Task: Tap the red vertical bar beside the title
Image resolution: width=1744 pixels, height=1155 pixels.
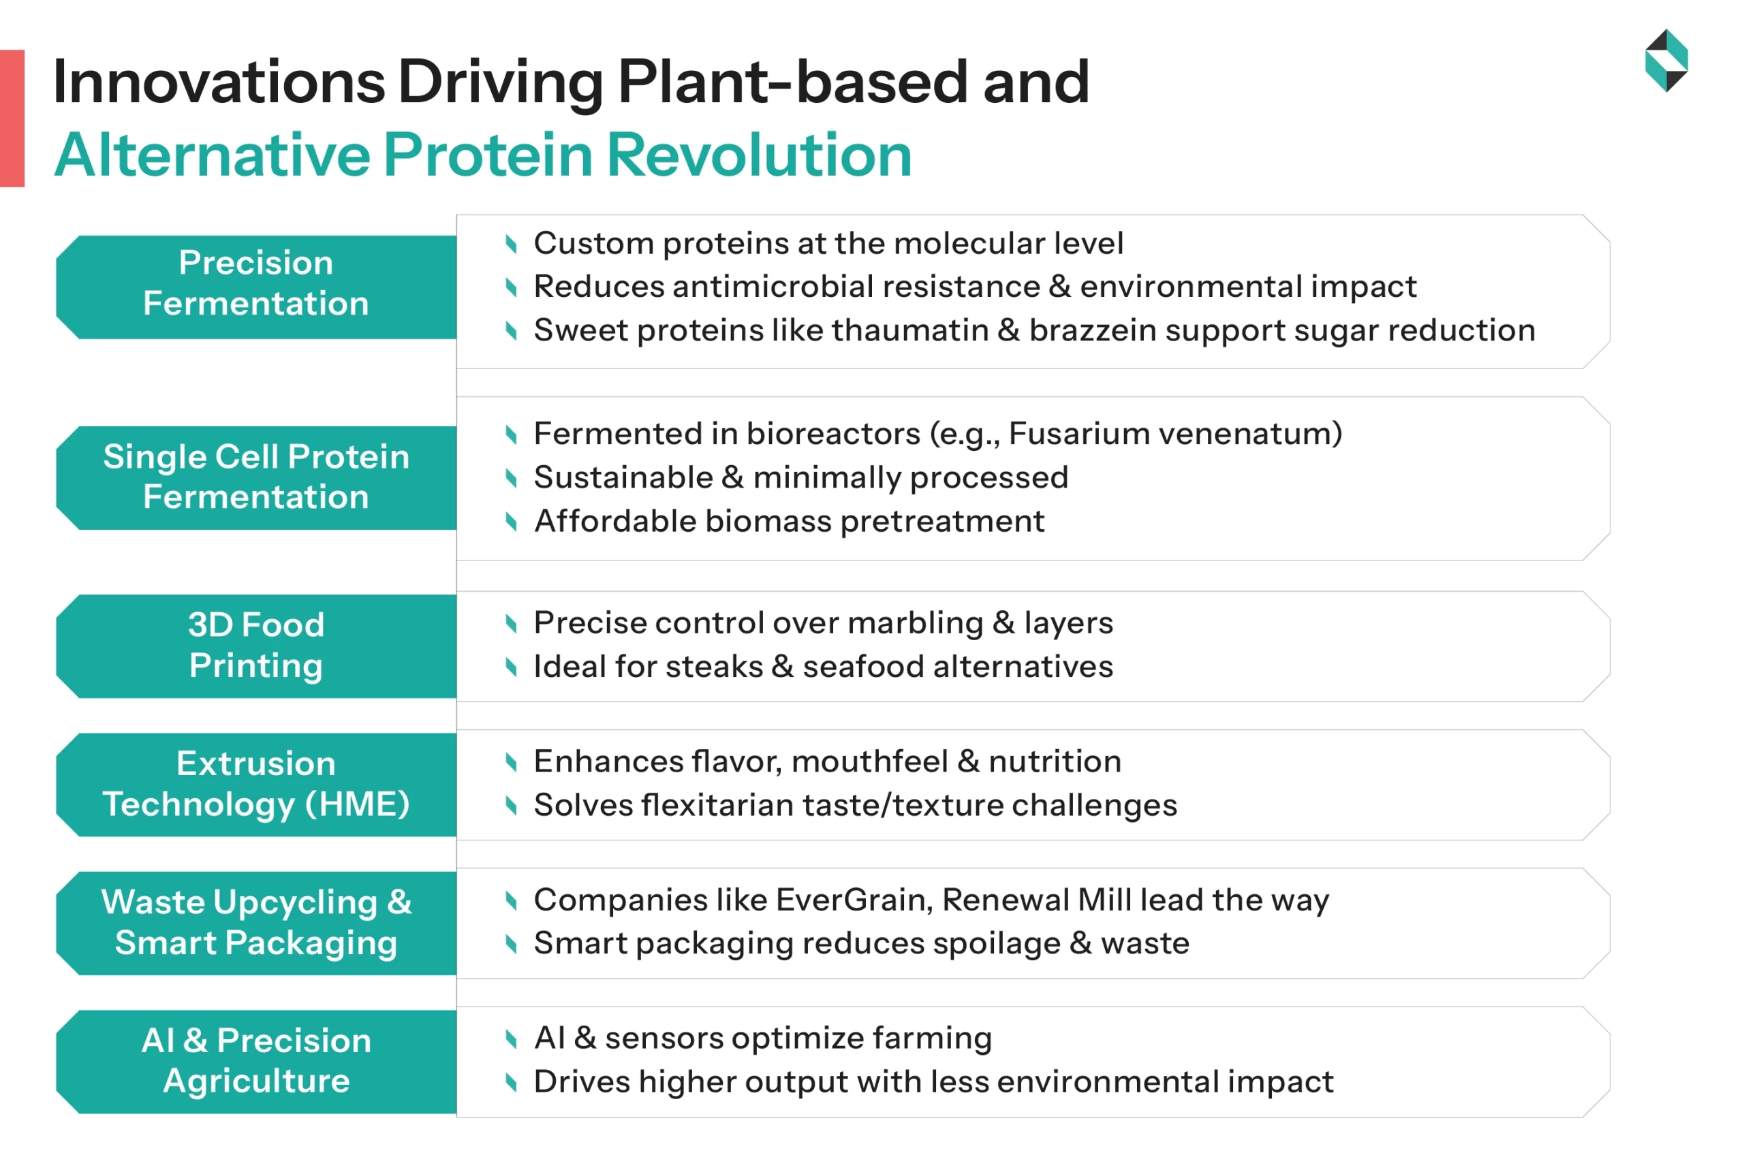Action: coord(12,118)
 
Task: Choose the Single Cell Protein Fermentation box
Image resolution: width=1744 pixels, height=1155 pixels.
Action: coord(255,477)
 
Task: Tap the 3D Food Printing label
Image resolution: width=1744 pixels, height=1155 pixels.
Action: coord(255,646)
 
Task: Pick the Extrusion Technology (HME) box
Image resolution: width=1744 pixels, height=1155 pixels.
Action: coord(255,784)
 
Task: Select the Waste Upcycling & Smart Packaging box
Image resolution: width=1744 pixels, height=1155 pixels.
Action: coord(255,922)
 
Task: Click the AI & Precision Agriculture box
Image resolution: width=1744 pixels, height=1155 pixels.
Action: coord(255,1061)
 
